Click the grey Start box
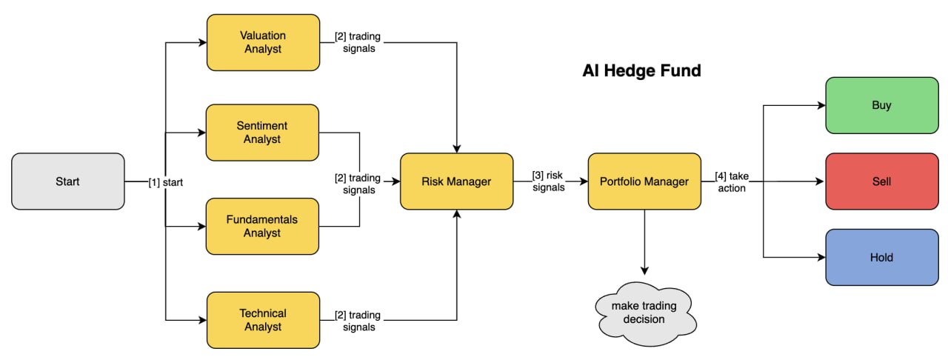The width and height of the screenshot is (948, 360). click(x=68, y=181)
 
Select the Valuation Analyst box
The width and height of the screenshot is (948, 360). click(x=263, y=43)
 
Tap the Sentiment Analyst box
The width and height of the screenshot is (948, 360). click(x=263, y=133)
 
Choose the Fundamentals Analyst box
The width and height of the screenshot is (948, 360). click(x=263, y=226)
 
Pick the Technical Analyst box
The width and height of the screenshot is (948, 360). click(x=263, y=320)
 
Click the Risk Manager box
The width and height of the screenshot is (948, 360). click(x=457, y=181)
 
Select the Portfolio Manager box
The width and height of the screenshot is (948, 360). click(x=644, y=181)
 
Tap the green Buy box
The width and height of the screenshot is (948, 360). click(x=882, y=105)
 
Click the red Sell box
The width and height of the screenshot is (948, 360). click(x=882, y=181)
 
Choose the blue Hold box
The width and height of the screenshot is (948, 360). click(x=882, y=258)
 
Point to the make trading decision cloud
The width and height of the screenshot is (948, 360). click(x=644, y=313)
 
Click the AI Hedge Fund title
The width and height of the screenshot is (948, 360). click(x=641, y=72)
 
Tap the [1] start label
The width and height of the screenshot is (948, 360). click(x=166, y=181)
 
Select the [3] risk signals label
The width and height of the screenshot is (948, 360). click(x=548, y=181)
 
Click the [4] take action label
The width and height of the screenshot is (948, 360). click(x=730, y=181)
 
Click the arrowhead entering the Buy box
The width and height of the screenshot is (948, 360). click(x=821, y=105)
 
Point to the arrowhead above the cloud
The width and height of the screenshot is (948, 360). click(x=644, y=270)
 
